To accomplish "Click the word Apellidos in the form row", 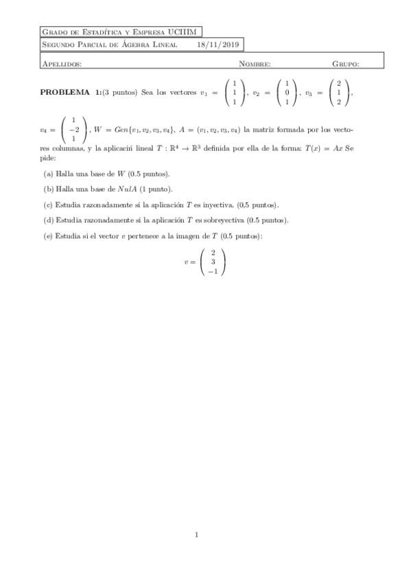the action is (x=62, y=63).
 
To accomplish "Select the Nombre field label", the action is (x=255, y=63).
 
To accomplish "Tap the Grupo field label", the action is (x=346, y=63).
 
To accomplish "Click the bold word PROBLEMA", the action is (x=64, y=92).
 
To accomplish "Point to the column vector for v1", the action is (x=235, y=93).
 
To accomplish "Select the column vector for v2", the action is (x=287, y=93).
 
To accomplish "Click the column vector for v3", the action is (x=339, y=93).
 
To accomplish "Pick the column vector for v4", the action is (x=73, y=129).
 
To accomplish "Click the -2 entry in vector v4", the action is (x=73, y=129).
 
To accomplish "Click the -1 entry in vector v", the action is (x=213, y=271).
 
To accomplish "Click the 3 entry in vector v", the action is (x=213, y=261).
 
